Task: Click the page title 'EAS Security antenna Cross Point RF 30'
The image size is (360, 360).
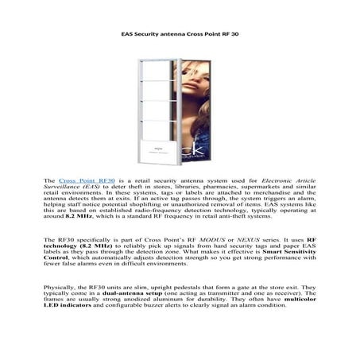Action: [x=180, y=35]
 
